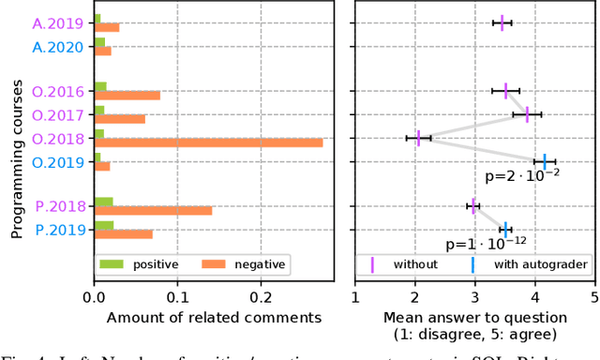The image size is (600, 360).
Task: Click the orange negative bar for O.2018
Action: [x=208, y=142]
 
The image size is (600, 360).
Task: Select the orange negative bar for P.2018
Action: [x=153, y=210]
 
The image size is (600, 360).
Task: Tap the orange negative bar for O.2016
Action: [x=127, y=96]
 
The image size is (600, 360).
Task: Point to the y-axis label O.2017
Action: [x=59, y=115]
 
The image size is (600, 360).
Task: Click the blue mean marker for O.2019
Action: [x=545, y=161]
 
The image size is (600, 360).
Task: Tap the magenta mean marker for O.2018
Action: [x=418, y=138]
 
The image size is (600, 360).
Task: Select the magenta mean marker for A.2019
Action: [x=502, y=22]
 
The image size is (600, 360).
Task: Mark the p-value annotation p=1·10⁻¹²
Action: [x=487, y=244]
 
